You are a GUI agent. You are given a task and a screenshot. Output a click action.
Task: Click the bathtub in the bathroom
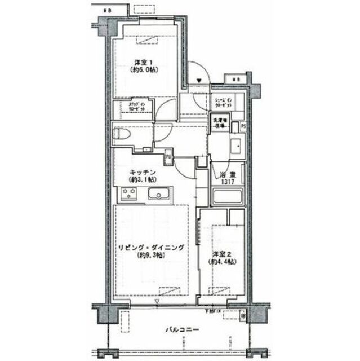[227, 198]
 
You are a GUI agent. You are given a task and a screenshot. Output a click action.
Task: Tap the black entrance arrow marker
[199, 81]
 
